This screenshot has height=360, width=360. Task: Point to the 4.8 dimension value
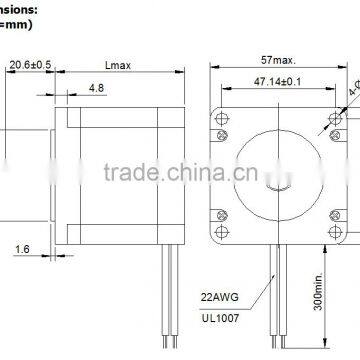(x=126, y=89)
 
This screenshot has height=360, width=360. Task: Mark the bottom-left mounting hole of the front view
(x=219, y=216)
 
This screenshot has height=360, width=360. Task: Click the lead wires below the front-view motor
(x=276, y=300)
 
